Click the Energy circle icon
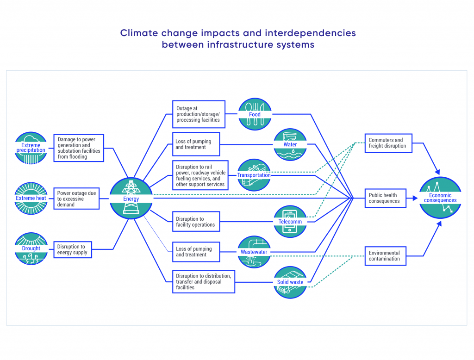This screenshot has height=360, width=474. [x=131, y=199]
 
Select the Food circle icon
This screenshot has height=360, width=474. [x=255, y=114]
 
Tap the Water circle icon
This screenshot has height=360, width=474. [x=290, y=144]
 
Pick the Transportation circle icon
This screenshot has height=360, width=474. [x=254, y=175]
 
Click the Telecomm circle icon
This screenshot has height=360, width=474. [x=290, y=222]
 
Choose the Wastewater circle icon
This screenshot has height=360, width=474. [x=254, y=252]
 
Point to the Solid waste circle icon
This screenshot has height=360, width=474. [x=290, y=282]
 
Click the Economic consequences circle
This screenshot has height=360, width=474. [x=440, y=198]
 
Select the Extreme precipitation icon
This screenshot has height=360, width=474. [x=31, y=148]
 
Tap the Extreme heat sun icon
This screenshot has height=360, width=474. [x=31, y=199]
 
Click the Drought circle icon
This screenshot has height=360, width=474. [x=31, y=248]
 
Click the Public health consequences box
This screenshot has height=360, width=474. [x=386, y=199]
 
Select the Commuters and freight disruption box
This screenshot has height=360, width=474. [x=388, y=143]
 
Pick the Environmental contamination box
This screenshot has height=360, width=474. [x=386, y=256]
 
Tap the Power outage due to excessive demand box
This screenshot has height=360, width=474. [x=76, y=199]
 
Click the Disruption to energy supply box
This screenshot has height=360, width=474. [x=73, y=250]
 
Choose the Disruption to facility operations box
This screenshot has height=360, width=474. [x=196, y=222]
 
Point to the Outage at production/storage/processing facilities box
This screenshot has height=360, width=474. [x=199, y=114]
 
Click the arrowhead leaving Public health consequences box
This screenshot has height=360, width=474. [x=415, y=199]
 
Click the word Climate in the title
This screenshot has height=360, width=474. [x=139, y=33]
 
